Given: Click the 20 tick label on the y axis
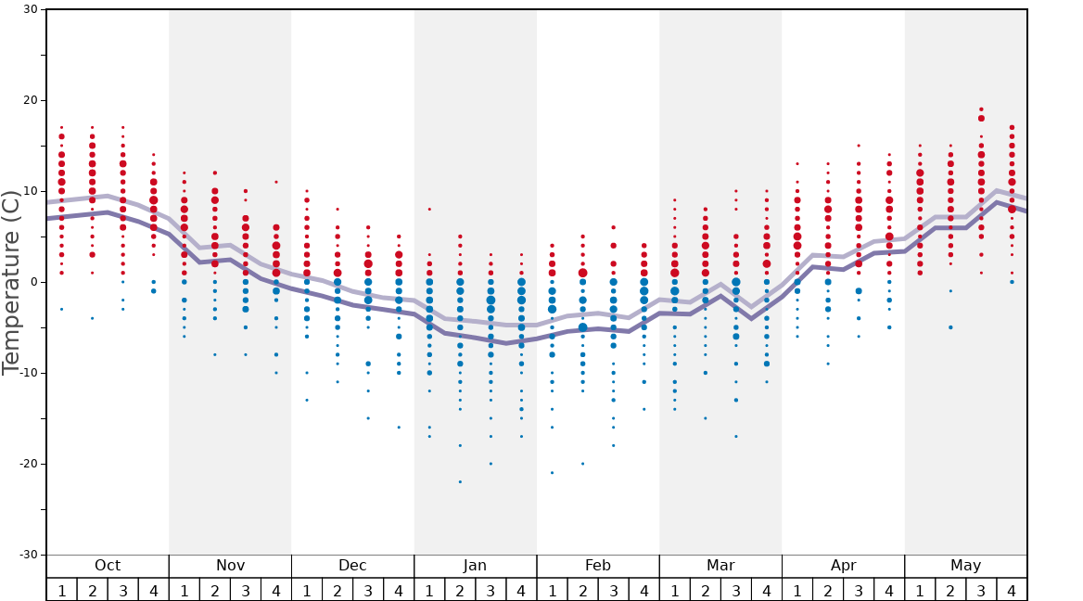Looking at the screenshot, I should point(31,100).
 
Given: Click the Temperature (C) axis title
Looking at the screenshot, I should point(11,282).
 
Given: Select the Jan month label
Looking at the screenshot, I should point(475,566).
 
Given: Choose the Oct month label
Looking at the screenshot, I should point(108,566).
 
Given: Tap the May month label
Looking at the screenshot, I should point(965,566).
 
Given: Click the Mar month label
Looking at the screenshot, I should point(720,566).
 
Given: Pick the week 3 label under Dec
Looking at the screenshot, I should point(368,590).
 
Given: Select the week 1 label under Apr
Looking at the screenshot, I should point(797,590).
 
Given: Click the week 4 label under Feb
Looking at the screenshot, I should point(643,590).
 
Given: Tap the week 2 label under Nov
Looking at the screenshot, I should point(215,590).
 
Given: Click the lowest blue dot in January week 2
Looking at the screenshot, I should point(460,481).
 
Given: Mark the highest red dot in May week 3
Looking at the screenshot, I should point(981,109).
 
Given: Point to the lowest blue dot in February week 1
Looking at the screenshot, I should point(552,473).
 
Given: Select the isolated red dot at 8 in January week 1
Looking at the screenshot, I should point(429,210).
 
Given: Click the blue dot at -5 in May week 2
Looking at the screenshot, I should point(950,327).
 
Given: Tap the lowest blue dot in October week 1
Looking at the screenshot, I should point(62,309).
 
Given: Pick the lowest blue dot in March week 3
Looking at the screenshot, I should point(736,436).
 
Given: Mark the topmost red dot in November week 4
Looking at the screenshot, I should point(276,182).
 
